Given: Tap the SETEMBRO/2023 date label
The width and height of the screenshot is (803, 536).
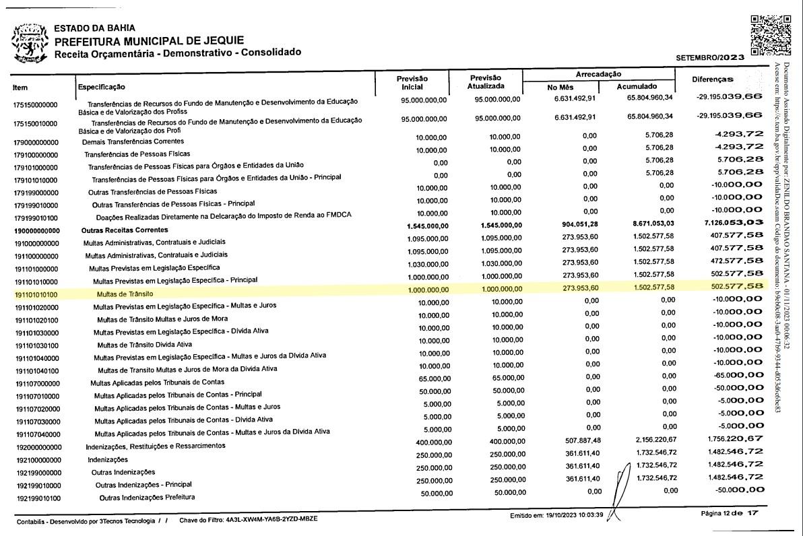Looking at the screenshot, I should (x=710, y=57).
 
